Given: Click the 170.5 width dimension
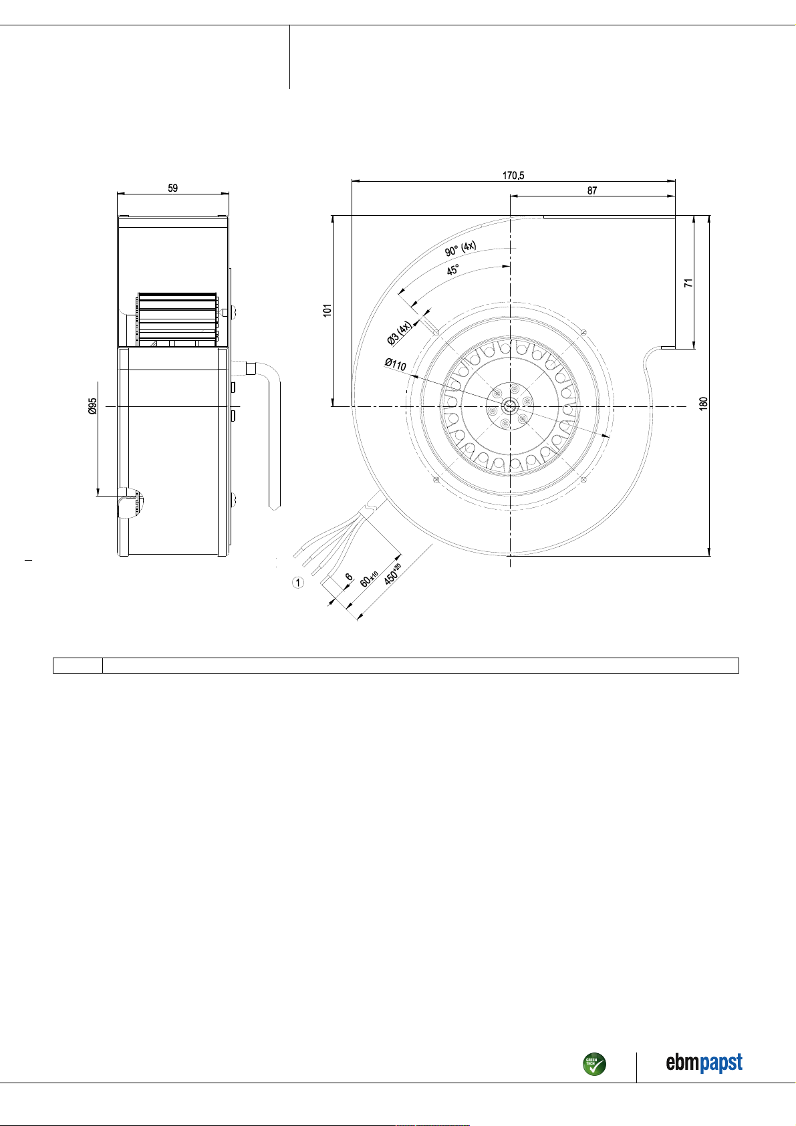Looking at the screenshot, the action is tap(513, 176).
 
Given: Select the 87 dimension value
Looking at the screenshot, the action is tap(592, 190).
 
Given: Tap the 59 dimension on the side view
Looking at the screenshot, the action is tap(172, 188).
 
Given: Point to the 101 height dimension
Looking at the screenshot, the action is tap(327, 310).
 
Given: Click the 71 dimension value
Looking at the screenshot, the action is tap(688, 283).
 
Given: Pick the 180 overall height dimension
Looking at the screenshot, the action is tap(704, 403).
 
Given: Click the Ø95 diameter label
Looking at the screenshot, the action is tap(92, 406).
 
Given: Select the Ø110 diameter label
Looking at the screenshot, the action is tap(396, 364).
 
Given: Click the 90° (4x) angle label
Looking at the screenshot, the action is tap(460, 249).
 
